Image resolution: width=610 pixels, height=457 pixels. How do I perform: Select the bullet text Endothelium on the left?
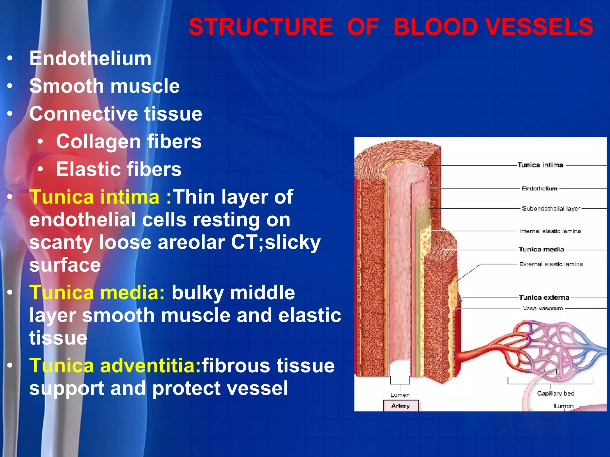click(x=90, y=58)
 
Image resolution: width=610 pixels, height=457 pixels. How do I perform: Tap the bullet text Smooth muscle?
click(x=105, y=86)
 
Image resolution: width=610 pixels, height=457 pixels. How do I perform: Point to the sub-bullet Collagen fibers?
click(x=129, y=142)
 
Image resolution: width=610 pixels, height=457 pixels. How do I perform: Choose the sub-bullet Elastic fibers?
click(x=119, y=169)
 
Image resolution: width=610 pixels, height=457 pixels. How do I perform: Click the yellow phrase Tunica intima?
click(x=94, y=197)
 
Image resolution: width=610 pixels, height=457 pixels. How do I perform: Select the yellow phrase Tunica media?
click(x=97, y=293)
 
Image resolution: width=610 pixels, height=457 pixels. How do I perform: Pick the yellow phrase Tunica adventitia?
click(x=115, y=366)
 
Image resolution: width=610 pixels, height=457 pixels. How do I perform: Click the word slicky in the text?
click(x=292, y=242)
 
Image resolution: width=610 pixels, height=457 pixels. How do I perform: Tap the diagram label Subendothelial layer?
click(x=551, y=209)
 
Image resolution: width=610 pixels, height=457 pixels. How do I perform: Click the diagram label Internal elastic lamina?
click(x=550, y=231)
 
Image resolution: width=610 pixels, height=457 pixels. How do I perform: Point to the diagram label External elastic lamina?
click(x=551, y=264)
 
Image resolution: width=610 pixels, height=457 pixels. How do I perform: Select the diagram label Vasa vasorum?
click(x=543, y=309)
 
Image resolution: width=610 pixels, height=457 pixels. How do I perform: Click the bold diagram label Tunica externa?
click(x=544, y=298)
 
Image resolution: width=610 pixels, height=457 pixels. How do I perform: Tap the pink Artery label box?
click(x=401, y=406)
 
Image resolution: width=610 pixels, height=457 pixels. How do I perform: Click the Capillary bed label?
click(x=555, y=394)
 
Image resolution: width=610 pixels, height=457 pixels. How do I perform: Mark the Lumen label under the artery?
click(x=400, y=395)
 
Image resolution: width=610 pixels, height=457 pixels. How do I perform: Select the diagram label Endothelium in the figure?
click(x=539, y=189)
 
